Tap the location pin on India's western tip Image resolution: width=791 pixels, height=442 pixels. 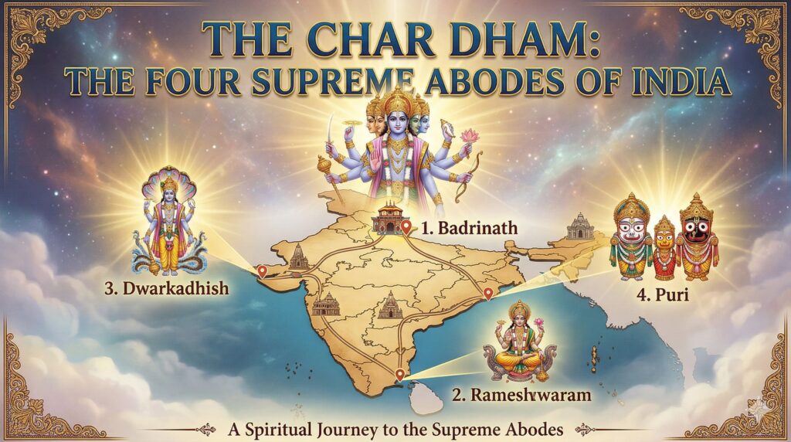point(262,270)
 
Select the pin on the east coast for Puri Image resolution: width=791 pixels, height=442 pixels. point(487,294)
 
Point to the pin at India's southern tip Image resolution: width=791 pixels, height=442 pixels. point(399,375)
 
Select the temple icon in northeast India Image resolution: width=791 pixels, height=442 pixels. point(579,226)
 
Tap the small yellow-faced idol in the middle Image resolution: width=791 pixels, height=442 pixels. point(665,246)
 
